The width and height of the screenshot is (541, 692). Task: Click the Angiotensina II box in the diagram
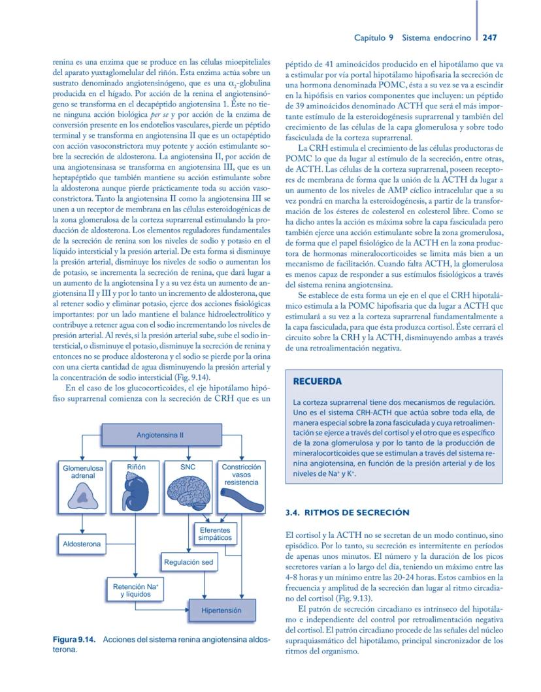(x=159, y=433)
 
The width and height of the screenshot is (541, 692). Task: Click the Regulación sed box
(x=188, y=561)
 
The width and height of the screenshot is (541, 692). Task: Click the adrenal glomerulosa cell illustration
(x=82, y=498)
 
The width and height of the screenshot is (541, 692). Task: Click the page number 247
(x=490, y=38)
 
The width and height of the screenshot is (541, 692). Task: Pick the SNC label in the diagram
(x=188, y=467)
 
